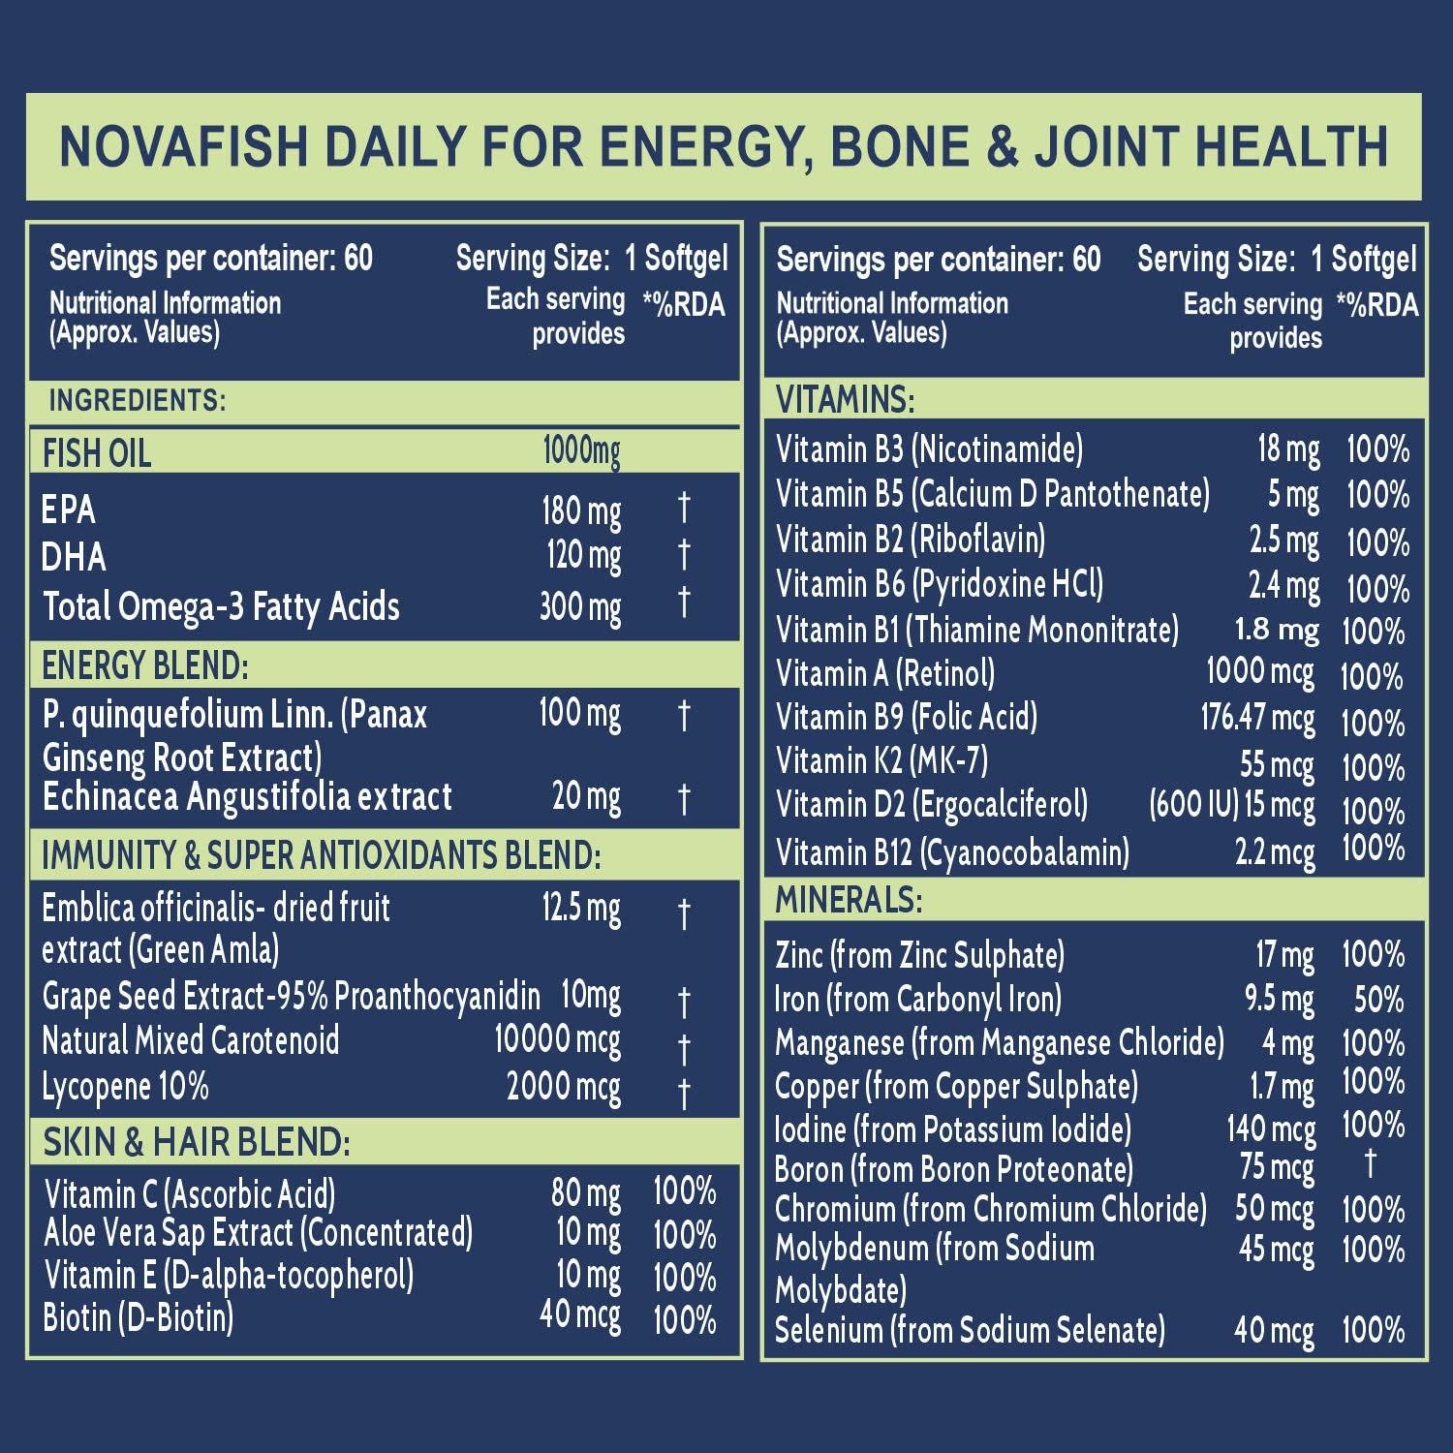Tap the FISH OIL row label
point(97,453)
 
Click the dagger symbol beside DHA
point(684,555)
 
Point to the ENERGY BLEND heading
point(145,666)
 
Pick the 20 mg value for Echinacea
point(586,797)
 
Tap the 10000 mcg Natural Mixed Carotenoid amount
point(557,1040)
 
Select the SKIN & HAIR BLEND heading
point(196,1143)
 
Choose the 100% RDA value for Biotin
point(684,1319)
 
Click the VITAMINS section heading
point(845,399)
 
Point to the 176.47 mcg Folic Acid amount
point(1257,718)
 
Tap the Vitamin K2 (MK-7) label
point(881,762)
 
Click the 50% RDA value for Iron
point(1378,999)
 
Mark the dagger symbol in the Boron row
point(1370,1163)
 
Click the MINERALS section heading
point(849,901)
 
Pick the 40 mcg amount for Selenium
point(1273,1331)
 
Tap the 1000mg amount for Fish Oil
point(581,450)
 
